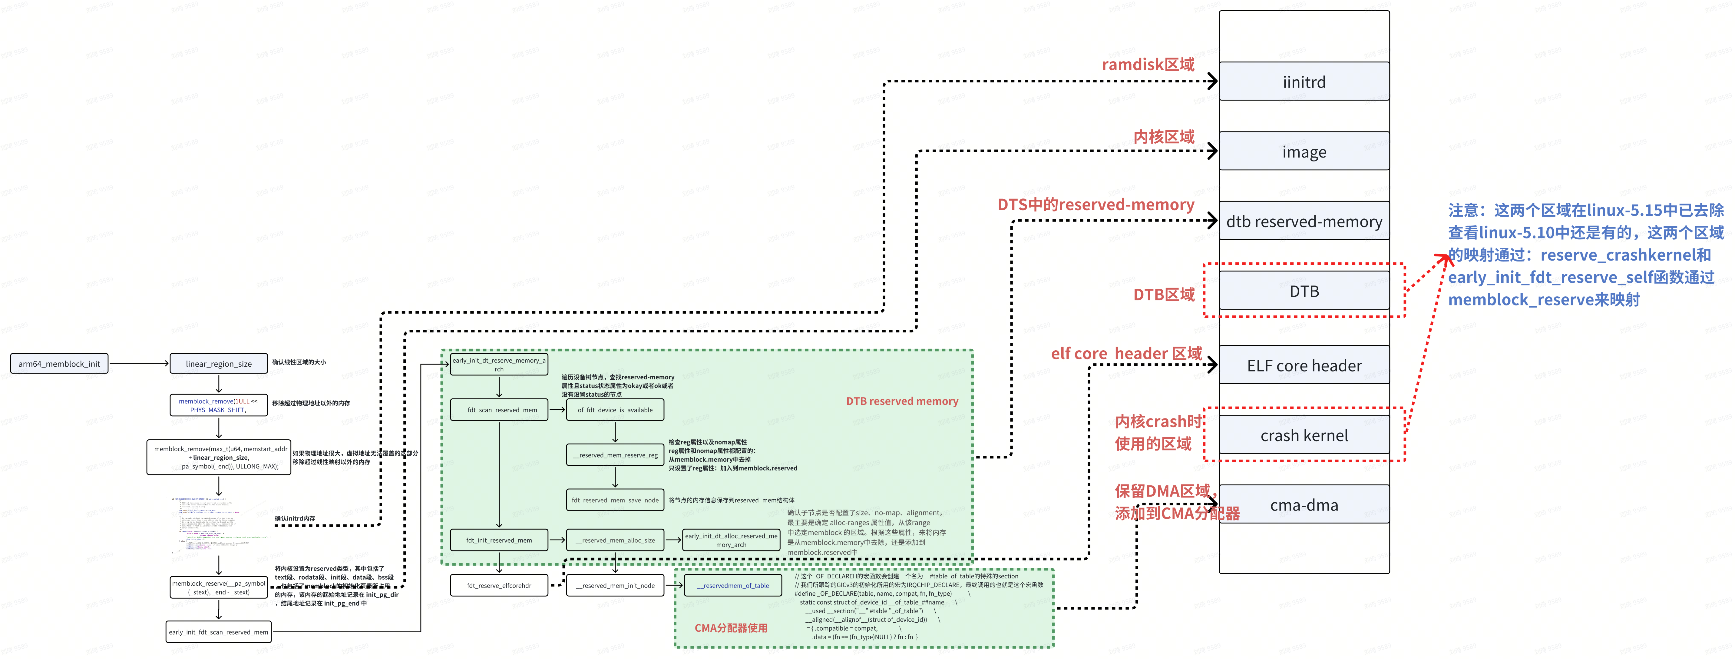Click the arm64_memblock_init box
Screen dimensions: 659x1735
[x=59, y=364]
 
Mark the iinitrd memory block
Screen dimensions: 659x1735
[x=1304, y=82]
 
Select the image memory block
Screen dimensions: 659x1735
[x=1304, y=151]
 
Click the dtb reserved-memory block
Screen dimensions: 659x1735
[x=1304, y=221]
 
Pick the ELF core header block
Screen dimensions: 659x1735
[x=1304, y=365]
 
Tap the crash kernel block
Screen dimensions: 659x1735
[x=1304, y=435]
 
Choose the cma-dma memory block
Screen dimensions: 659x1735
[x=1304, y=505]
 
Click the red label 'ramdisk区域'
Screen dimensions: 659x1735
[x=1148, y=65]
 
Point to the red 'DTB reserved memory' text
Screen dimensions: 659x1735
[x=902, y=401]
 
